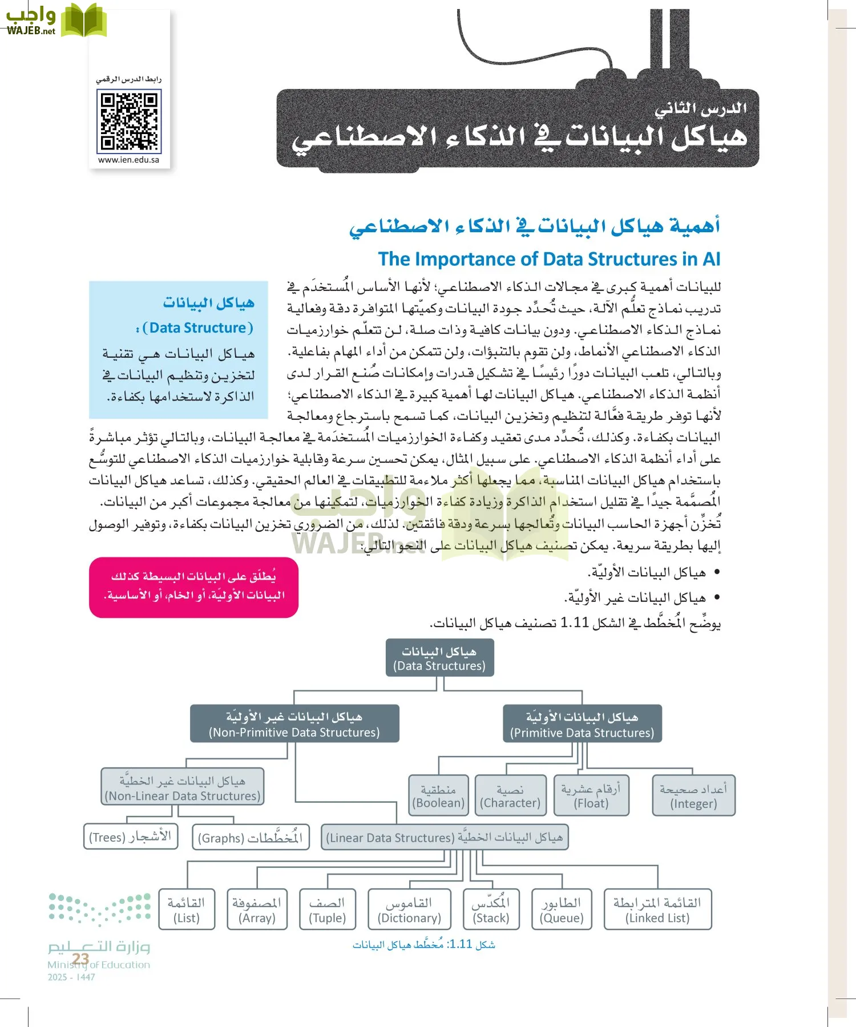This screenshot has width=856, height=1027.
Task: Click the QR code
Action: (130, 122)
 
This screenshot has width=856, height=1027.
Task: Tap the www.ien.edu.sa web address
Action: (128, 160)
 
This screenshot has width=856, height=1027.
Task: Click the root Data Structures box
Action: (439, 658)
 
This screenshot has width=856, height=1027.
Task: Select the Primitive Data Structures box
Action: (582, 724)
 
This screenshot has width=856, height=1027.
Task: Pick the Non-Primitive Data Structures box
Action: (294, 724)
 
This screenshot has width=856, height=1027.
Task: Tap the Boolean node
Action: (438, 796)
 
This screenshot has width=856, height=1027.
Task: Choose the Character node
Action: (510, 796)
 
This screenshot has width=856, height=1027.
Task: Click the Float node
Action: (591, 796)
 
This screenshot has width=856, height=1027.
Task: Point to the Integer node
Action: (693, 796)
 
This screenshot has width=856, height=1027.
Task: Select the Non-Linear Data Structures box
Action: (183, 787)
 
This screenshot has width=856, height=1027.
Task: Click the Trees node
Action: (131, 837)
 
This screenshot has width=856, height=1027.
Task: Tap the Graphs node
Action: (251, 838)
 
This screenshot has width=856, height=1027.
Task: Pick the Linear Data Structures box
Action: (445, 838)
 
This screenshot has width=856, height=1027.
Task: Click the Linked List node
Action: (657, 910)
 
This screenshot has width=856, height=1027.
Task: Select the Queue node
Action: (562, 910)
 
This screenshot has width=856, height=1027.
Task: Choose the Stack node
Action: (491, 910)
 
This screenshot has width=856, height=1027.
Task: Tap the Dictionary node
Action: (409, 910)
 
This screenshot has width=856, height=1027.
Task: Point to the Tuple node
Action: (328, 910)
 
